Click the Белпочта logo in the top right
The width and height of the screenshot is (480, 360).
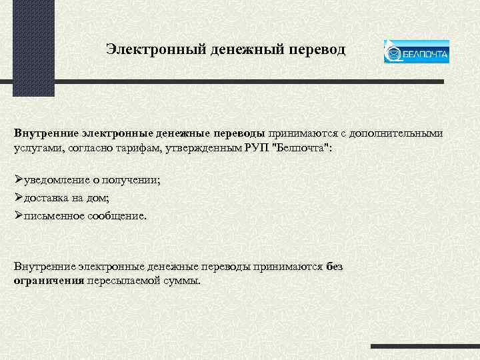point(416,52)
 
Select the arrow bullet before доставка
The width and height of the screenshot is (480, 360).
point(19,198)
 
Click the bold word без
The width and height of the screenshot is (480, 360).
point(335,267)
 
